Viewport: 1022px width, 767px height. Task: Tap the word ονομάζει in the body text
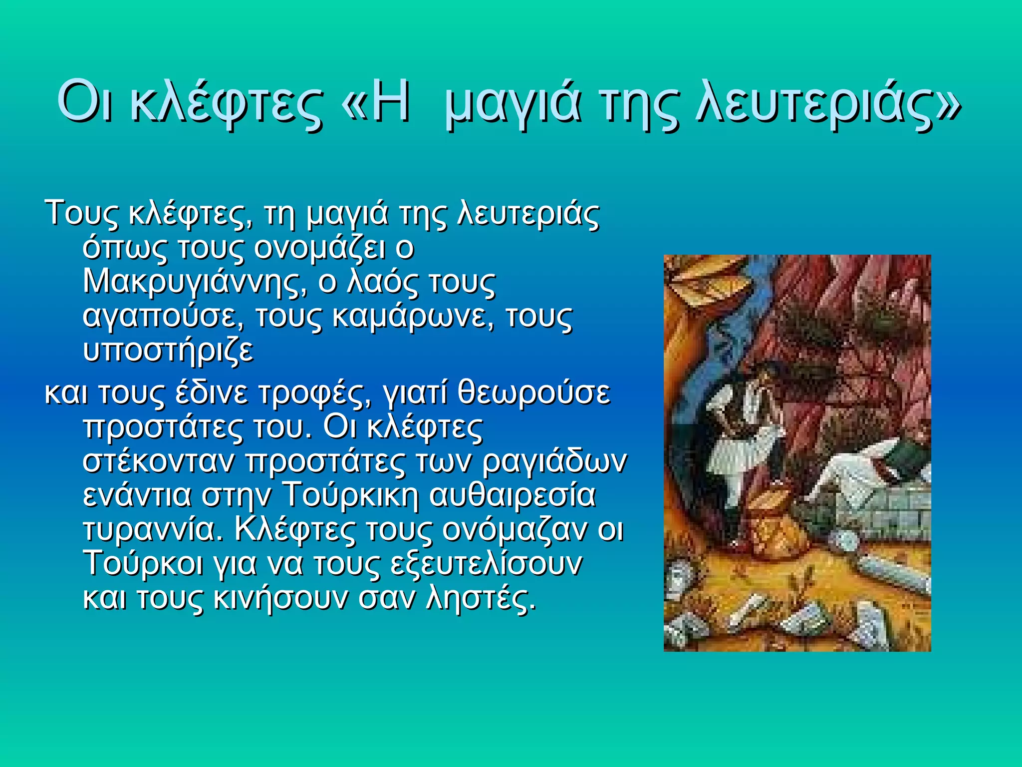tap(319, 248)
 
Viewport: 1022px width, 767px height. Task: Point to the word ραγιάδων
tap(554, 461)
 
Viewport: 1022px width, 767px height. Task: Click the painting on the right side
tap(797, 453)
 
